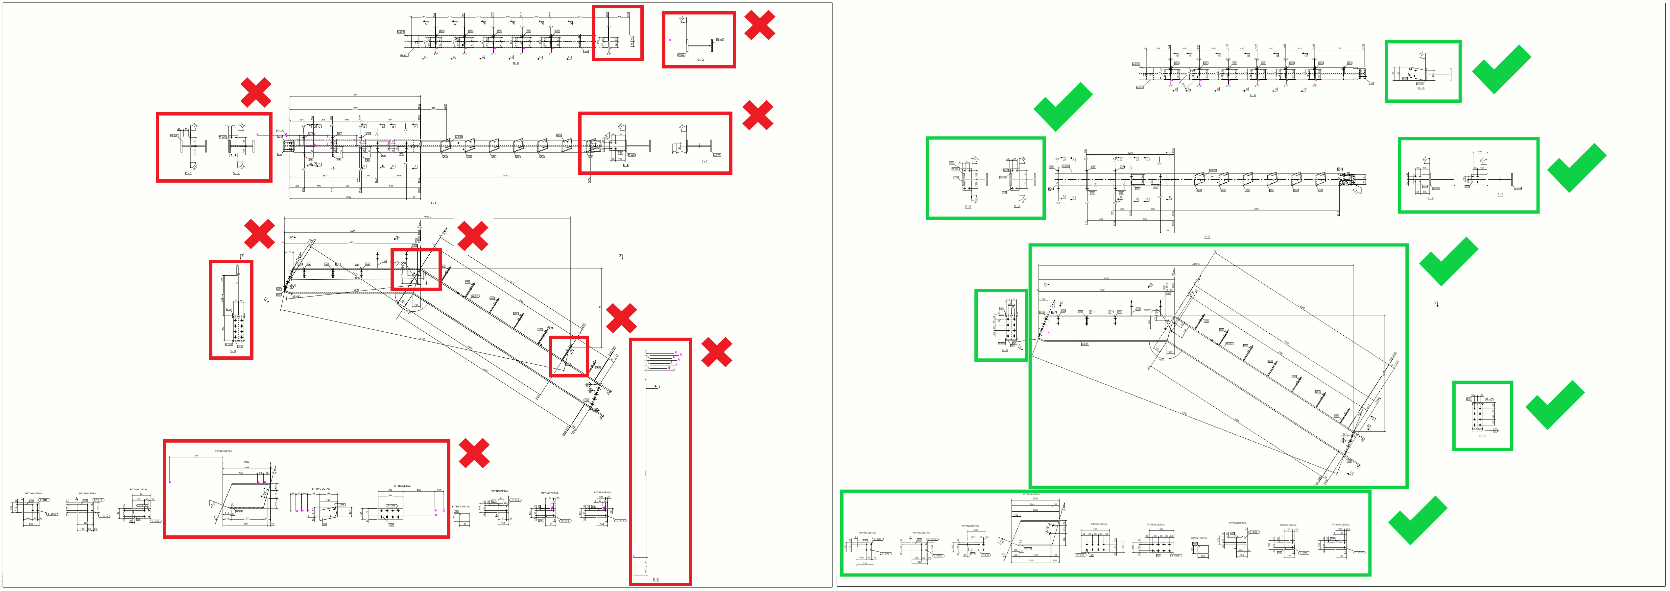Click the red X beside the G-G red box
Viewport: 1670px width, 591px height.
759,25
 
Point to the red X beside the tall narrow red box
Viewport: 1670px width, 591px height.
716,352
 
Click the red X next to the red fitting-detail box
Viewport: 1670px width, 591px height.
474,453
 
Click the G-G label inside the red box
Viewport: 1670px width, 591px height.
700,60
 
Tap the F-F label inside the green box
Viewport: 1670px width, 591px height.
1500,194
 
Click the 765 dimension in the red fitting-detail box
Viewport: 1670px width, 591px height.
196,455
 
